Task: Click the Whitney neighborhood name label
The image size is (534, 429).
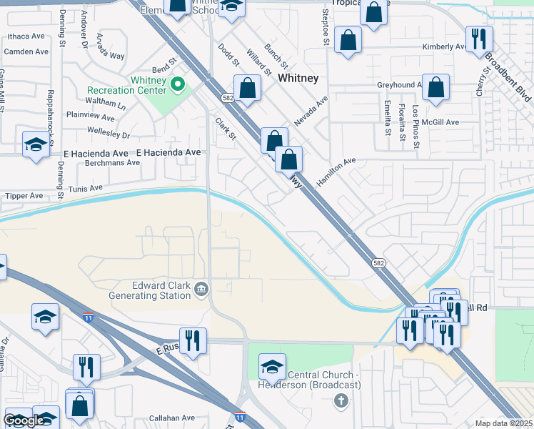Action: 298,77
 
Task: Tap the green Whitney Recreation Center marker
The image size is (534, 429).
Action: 178,85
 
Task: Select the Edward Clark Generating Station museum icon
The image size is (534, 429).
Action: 201,289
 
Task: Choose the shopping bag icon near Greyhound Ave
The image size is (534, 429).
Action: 435,88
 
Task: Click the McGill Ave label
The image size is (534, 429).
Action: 440,122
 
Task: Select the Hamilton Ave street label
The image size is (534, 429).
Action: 336,173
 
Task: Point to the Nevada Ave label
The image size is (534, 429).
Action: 310,112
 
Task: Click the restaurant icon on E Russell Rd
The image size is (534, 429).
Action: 193,340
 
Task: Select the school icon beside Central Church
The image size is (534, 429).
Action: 272,366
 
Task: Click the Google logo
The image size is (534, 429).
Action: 24,421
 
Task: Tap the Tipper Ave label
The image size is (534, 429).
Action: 24,195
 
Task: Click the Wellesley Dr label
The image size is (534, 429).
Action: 108,134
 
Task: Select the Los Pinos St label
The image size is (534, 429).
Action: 416,120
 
